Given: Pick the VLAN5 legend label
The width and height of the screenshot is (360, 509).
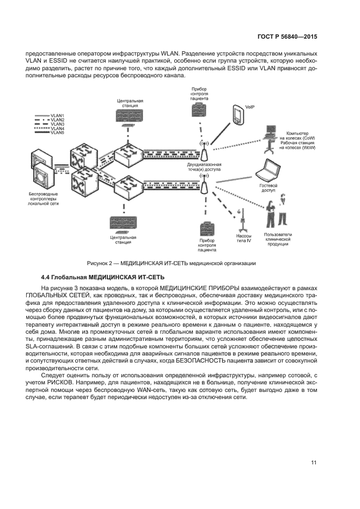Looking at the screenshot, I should [x=57, y=133].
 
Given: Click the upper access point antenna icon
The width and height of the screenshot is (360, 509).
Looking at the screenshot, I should [x=204, y=152].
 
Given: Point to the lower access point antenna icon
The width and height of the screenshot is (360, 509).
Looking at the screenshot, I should [x=204, y=186].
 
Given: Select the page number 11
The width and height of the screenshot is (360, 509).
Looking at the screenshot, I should [x=314, y=463].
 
